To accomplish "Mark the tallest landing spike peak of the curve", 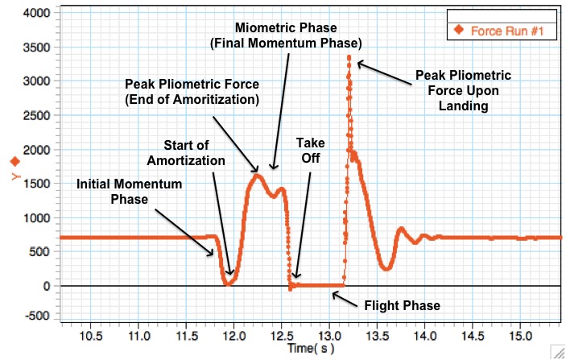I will coord(349,57).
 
